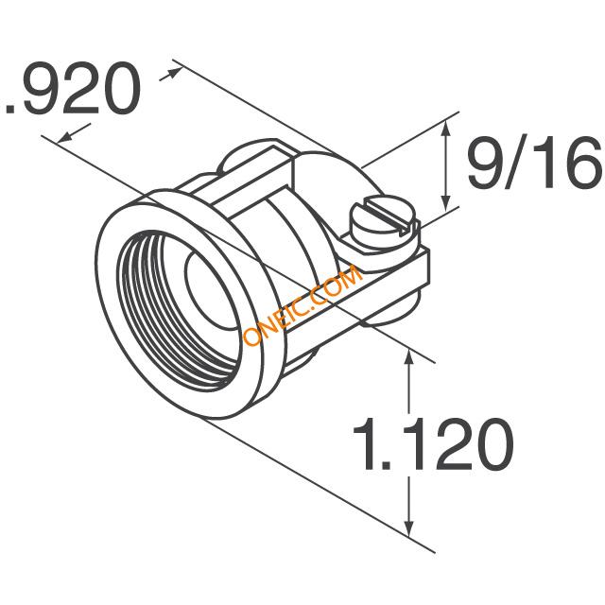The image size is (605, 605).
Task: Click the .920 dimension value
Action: [72, 88]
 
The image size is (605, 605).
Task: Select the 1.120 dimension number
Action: [433, 444]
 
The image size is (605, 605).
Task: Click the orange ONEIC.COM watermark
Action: [302, 304]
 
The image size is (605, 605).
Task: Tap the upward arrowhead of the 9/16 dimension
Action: [445, 128]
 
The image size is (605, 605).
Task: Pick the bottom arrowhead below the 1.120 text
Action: [409, 527]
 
